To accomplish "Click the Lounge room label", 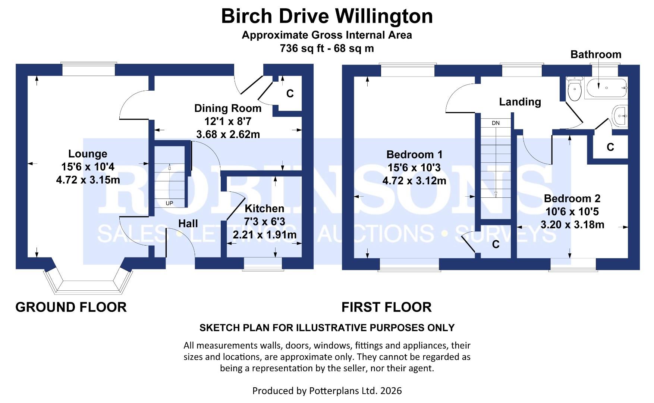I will coord(88,154).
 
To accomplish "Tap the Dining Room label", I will coord(227,108).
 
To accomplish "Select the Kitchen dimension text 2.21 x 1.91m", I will coord(264,235).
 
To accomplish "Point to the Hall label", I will coord(188,224).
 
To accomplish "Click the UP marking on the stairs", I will coord(169,203).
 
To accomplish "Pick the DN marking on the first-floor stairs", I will coord(496,123).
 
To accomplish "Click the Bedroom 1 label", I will coord(414,154).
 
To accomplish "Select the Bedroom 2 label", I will coord(572,199).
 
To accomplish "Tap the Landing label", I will coord(520,101).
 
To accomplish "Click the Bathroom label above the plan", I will coord(595,54).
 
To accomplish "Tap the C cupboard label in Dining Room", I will coord(290,94).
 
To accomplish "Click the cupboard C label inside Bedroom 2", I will coord(610,147).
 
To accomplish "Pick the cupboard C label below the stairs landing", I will coord(496,244).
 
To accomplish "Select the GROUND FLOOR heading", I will coord(71,307).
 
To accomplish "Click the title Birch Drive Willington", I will coord(327,16).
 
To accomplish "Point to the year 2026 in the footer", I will coord(391,391).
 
